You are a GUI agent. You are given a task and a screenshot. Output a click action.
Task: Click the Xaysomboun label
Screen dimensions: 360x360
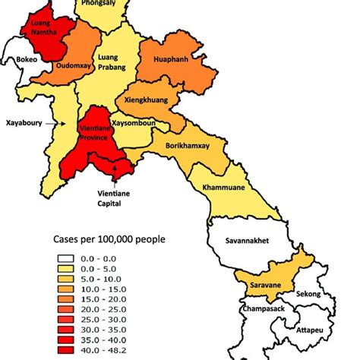pyautogui.click(x=133, y=122)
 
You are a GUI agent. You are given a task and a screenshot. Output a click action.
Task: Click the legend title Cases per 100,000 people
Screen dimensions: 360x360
pyautogui.click(x=109, y=240)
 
